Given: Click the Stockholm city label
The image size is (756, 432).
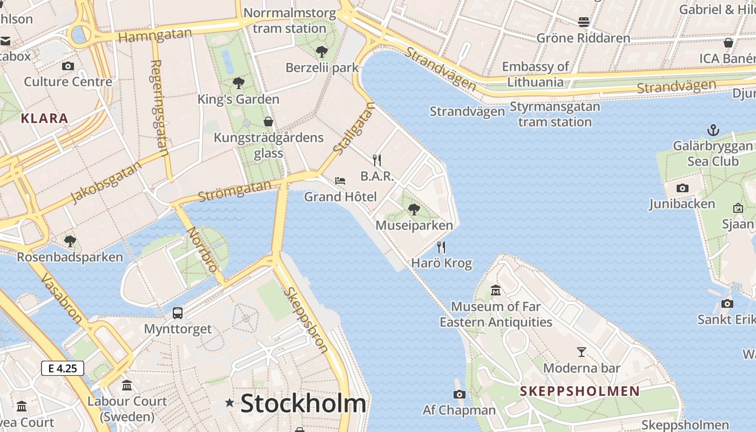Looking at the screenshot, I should pyautogui.click(x=303, y=403).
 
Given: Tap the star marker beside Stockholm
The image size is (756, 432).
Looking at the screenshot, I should pyautogui.click(x=230, y=402).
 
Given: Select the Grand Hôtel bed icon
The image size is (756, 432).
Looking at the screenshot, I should pyautogui.click(x=340, y=180).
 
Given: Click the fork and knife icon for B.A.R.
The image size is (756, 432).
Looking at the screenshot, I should pyautogui.click(x=377, y=160).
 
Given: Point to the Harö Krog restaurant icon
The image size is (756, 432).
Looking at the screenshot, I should pyautogui.click(x=441, y=247).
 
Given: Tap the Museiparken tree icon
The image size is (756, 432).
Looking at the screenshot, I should pyautogui.click(x=414, y=209).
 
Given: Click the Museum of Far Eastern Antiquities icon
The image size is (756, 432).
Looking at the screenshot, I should pyautogui.click(x=496, y=291).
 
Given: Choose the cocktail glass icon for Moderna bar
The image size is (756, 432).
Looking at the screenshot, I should pyautogui.click(x=581, y=352).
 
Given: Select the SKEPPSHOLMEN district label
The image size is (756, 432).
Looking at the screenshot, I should pyautogui.click(x=579, y=391).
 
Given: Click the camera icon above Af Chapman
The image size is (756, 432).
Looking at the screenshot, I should pyautogui.click(x=460, y=394).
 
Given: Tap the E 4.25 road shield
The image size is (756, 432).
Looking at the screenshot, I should pyautogui.click(x=63, y=368).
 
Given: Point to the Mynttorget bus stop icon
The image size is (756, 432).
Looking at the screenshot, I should pyautogui.click(x=178, y=313).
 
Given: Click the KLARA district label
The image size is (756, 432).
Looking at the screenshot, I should pyautogui.click(x=44, y=118).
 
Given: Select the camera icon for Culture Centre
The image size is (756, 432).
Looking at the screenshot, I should pyautogui.click(x=68, y=66).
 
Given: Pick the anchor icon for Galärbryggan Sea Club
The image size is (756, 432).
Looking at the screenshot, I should pyautogui.click(x=713, y=130).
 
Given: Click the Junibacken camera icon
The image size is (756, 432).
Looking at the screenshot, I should pyautogui.click(x=683, y=188).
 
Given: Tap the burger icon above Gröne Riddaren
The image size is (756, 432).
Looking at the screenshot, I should pyautogui.click(x=583, y=22).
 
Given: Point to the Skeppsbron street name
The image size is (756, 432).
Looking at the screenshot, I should pyautogui.click(x=306, y=319).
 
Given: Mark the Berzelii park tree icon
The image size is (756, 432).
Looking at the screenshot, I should pyautogui.click(x=322, y=52).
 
